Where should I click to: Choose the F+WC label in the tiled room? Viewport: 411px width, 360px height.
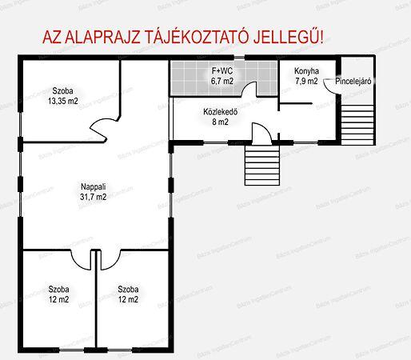(221, 71)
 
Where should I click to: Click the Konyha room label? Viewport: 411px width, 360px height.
(306, 70)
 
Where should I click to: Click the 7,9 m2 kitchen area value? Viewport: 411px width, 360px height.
(306, 81)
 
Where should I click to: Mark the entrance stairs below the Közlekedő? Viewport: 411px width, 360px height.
(261, 163)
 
